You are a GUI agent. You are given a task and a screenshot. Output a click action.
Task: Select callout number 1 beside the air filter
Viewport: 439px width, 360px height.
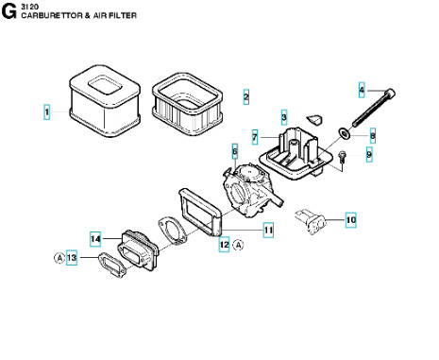click(x=46, y=112)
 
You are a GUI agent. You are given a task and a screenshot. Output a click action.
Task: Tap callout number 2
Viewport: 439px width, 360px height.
click(x=246, y=97)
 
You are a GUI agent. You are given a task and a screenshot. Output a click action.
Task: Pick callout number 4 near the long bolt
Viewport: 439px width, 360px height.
click(x=361, y=91)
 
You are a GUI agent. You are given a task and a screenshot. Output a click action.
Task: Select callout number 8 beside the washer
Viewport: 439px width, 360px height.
click(x=372, y=136)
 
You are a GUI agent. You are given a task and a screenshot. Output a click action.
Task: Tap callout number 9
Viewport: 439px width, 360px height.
click(x=369, y=154)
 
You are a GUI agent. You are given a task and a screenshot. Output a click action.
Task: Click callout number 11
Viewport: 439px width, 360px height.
click(x=268, y=229)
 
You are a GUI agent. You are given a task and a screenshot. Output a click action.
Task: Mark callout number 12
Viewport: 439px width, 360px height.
click(x=224, y=245)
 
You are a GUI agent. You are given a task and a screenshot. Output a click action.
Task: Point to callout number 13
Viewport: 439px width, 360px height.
click(x=72, y=258)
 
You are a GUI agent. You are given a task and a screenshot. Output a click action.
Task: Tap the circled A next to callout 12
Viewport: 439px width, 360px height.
click(x=240, y=245)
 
